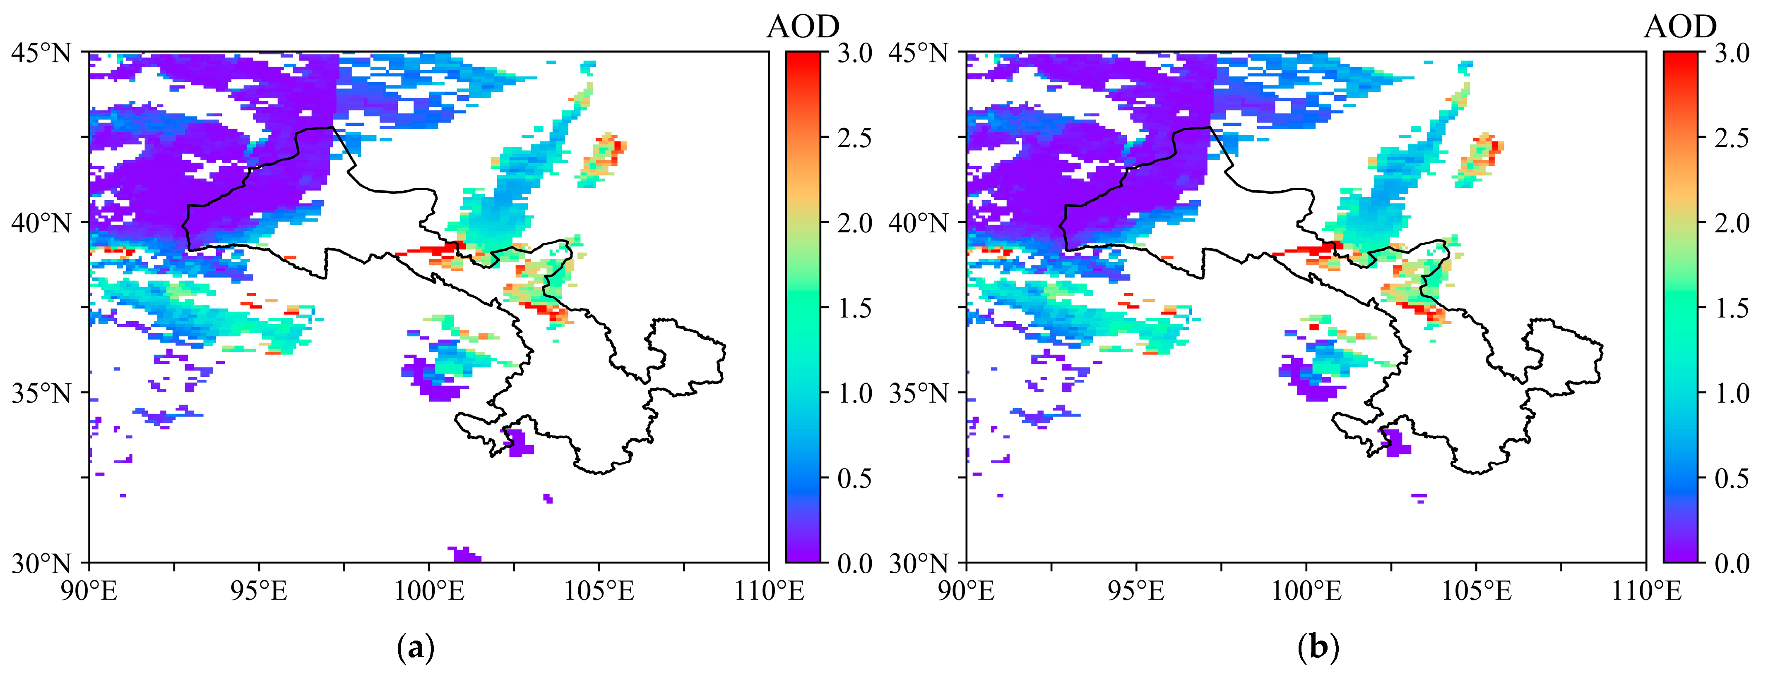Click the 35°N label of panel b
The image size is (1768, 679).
tap(918, 394)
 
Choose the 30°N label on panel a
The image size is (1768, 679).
tap(41, 564)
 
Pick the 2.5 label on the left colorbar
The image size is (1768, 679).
tap(854, 138)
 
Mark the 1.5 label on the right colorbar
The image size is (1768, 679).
tap(1732, 308)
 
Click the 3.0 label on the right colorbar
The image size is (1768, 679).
tap(1732, 53)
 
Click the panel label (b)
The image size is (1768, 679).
tap(1318, 648)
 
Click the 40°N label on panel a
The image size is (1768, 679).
tap(41, 223)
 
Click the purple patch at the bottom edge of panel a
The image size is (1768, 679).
tap(464, 554)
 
